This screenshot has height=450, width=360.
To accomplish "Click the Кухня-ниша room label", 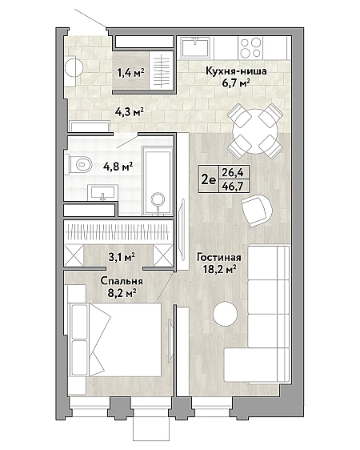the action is [236, 71].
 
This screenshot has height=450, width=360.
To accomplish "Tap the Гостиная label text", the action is [218, 258].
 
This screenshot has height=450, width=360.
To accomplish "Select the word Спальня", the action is [122, 281].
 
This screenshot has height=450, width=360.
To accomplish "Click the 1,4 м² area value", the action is [130, 73].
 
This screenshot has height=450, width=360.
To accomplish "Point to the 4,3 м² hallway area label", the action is [129, 111].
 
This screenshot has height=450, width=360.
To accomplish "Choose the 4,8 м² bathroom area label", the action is [118, 167].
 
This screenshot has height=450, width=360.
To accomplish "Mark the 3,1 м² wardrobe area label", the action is [122, 258].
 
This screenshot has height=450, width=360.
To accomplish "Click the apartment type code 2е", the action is [208, 179].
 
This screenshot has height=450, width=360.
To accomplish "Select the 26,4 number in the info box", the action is [233, 172].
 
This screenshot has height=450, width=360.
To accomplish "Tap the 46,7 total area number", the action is [233, 187].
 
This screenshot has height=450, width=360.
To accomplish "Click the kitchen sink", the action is [195, 47].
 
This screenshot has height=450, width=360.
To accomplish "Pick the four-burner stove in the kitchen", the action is [250, 47].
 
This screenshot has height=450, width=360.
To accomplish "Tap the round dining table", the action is [255, 132].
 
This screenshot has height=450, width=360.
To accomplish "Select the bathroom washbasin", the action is [102, 192].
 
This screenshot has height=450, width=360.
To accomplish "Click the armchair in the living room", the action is [256, 210].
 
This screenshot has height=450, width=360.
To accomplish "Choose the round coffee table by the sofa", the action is [225, 314].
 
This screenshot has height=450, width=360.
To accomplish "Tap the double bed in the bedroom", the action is [114, 340].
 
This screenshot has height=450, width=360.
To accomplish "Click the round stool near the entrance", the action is [74, 68].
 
